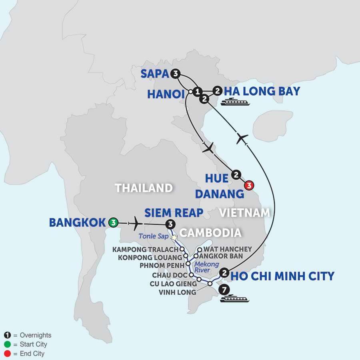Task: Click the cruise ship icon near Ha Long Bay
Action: point(236,102)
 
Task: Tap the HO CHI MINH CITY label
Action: point(283,276)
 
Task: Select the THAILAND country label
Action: point(144,188)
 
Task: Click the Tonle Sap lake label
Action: point(154,236)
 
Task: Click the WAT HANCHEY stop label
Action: point(227,248)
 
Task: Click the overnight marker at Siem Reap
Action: point(171,224)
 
